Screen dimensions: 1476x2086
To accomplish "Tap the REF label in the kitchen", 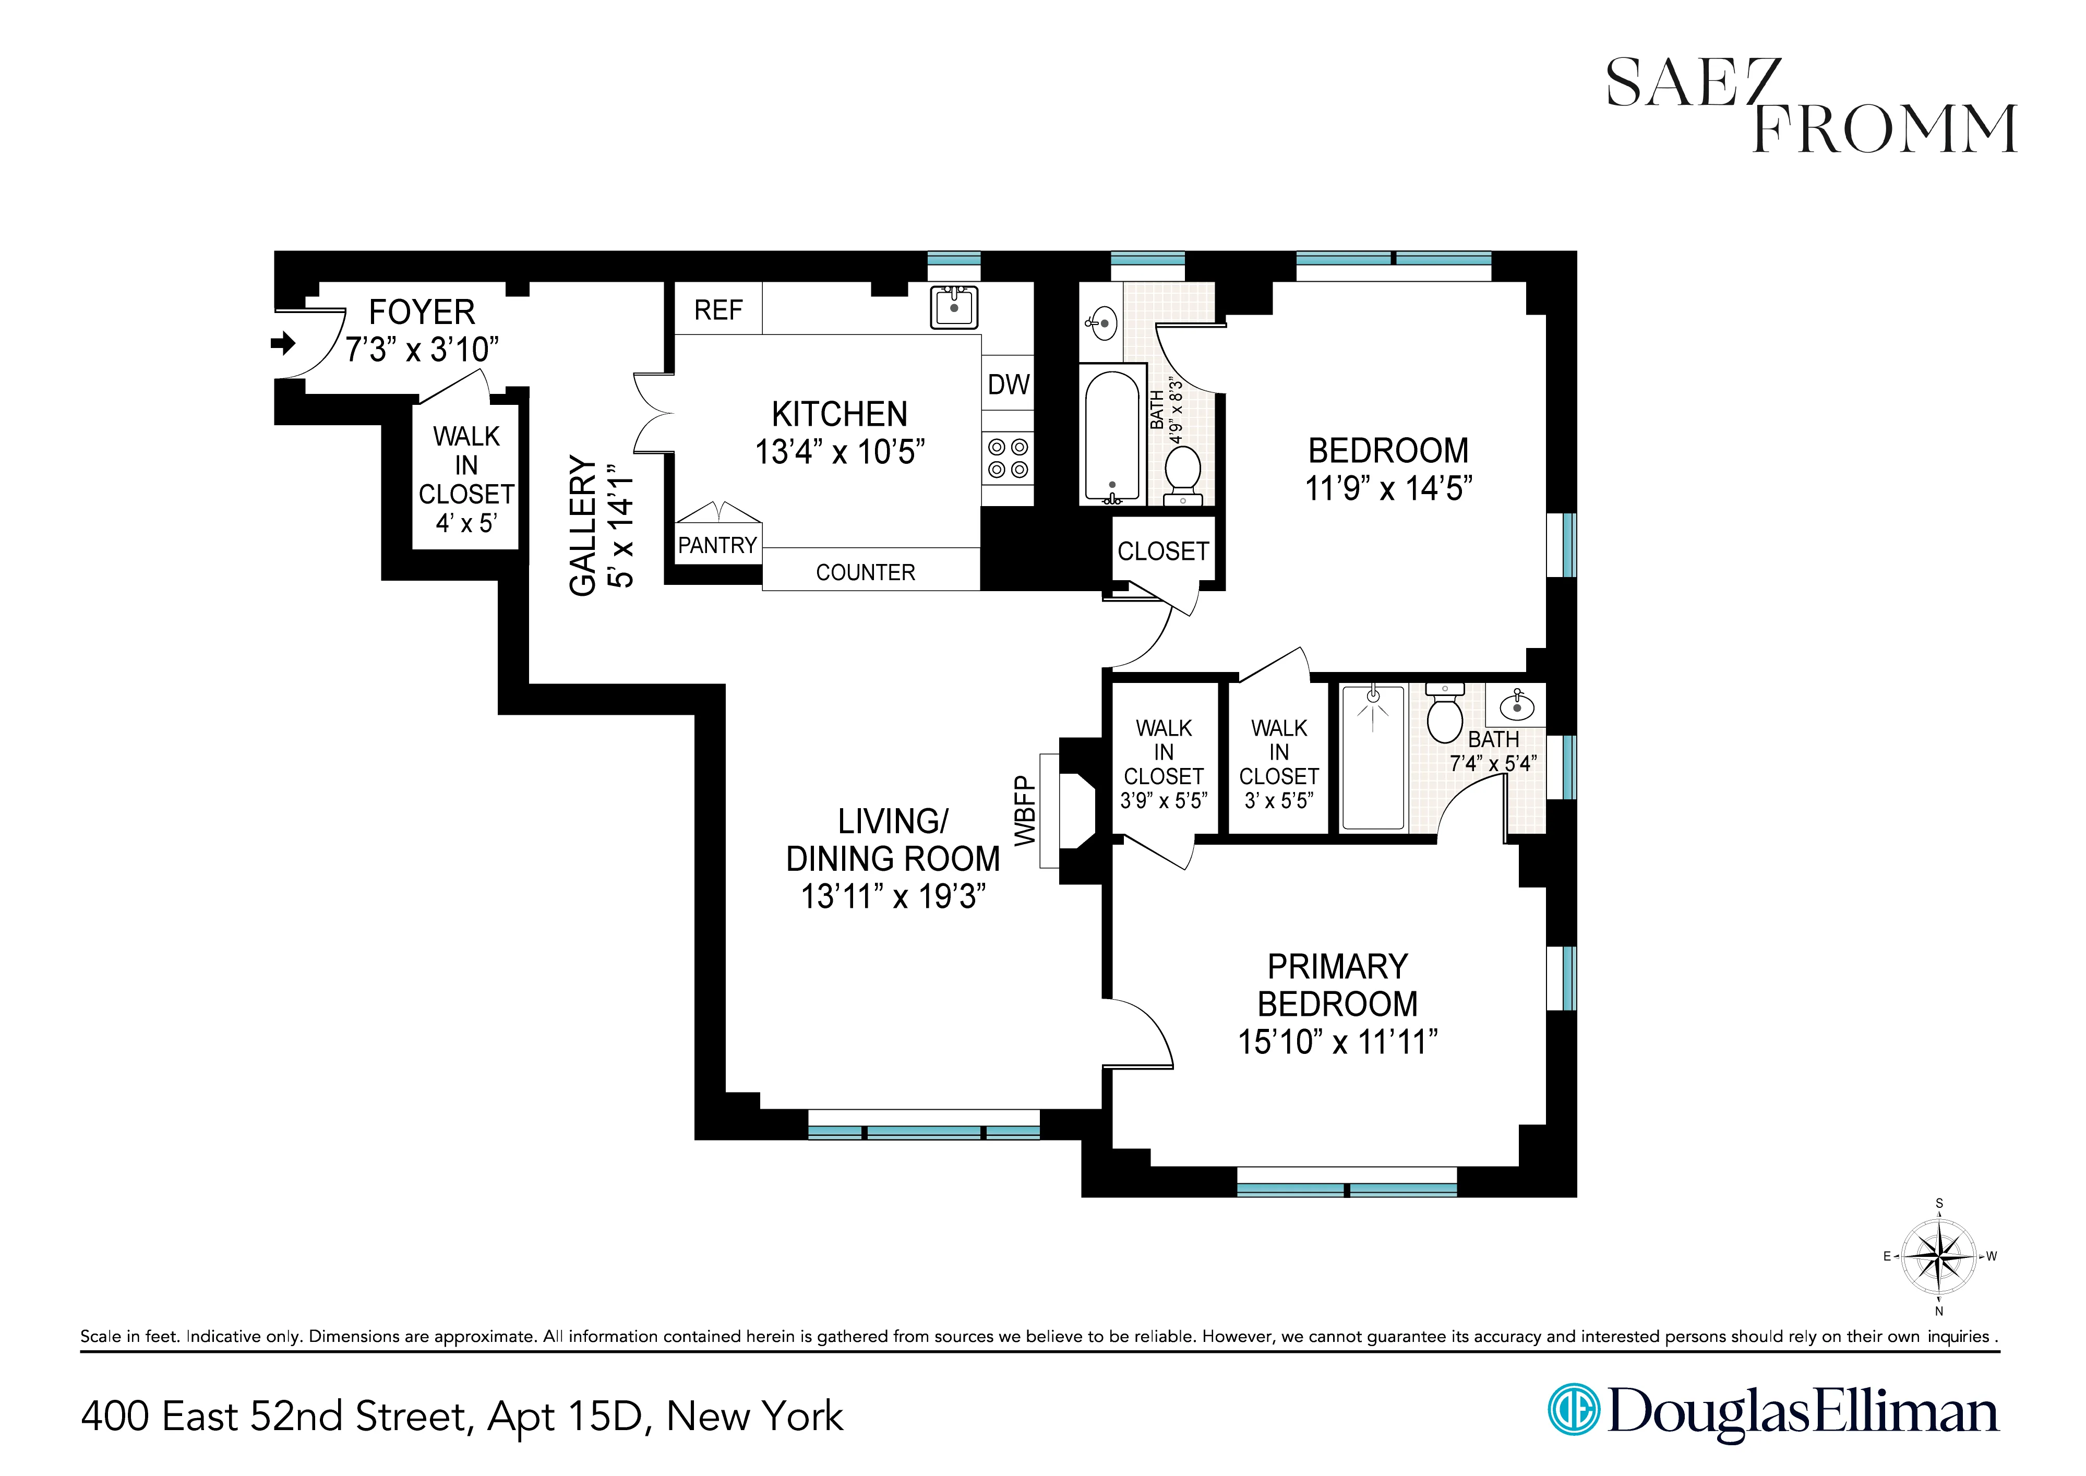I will (x=718, y=311).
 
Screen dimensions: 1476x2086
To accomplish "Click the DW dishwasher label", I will (x=1008, y=385).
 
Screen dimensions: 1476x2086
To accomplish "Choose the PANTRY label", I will (x=717, y=545).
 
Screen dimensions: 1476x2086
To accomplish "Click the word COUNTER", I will (x=865, y=572).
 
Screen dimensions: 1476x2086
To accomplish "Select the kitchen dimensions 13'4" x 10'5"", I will (x=840, y=452).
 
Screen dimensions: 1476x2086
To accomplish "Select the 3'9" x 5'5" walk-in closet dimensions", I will (x=1164, y=801).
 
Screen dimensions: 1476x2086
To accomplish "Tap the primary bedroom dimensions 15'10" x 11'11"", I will (x=1337, y=1041).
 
